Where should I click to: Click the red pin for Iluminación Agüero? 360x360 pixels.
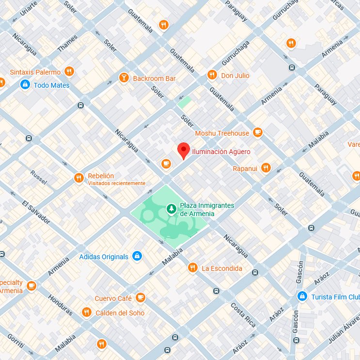pos(183,150)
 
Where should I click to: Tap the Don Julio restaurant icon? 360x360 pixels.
pos(212,75)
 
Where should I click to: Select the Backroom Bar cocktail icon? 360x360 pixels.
pos(124,78)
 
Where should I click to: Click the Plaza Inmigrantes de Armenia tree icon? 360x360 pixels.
pos(171,209)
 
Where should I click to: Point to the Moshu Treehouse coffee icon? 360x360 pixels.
pos(257,133)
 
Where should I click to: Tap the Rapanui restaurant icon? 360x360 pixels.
pos(266,168)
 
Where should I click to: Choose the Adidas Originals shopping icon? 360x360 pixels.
pos(137,256)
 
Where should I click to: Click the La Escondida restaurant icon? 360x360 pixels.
pos(193,268)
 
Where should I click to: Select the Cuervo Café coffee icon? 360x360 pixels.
pos(141,297)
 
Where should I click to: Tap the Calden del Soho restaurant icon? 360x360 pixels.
pos(87,313)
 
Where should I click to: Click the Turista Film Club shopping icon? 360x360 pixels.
pos(302,296)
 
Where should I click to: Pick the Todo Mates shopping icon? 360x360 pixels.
pos(24,85)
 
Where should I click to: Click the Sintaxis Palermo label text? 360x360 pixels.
pos(35,72)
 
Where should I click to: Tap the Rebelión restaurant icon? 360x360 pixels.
pos(78,178)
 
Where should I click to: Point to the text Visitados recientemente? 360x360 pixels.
pos(116,183)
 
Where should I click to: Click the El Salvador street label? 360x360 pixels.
pos(36,212)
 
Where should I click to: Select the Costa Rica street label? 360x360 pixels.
pos(243,314)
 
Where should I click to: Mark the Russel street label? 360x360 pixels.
pos(39,178)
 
